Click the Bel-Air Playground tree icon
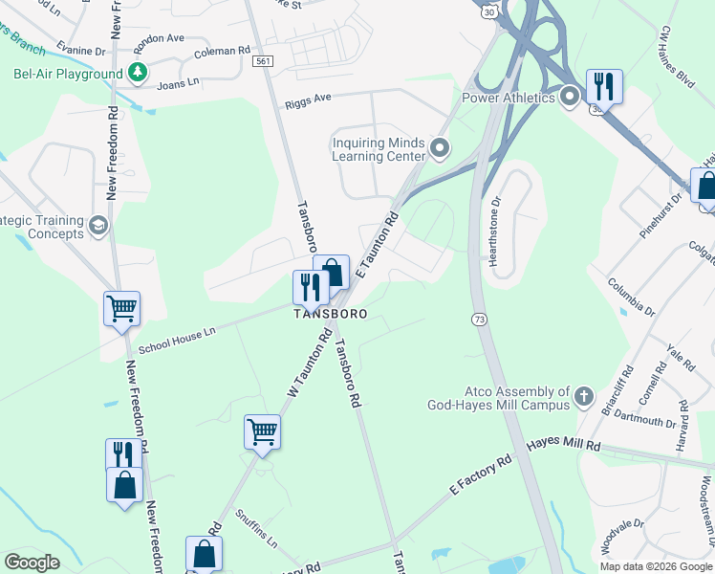click(138, 73)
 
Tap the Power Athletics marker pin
click(571, 97)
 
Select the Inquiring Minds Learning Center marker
click(440, 148)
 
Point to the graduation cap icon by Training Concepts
click(97, 226)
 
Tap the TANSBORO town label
click(329, 314)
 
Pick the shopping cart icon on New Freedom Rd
click(121, 309)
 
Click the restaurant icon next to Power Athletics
click(603, 87)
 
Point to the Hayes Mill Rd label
click(563, 444)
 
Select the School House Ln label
click(177, 337)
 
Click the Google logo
click(32, 563)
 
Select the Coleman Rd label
click(221, 51)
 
